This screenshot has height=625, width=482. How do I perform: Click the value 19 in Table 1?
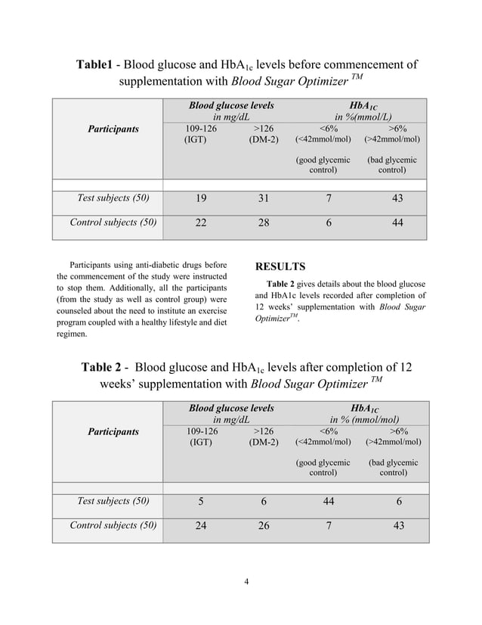click(200, 198)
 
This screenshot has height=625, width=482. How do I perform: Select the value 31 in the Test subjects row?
click(263, 198)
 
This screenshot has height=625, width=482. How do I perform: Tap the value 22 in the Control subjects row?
click(200, 223)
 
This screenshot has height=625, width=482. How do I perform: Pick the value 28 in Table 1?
click(263, 223)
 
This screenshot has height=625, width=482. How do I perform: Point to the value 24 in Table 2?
click(200, 526)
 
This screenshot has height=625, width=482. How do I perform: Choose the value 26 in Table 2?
click(263, 526)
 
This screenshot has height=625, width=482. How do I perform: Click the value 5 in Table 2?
click(200, 501)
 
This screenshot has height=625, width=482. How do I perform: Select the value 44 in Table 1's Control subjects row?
click(397, 223)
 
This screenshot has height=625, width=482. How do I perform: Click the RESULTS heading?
click(280, 266)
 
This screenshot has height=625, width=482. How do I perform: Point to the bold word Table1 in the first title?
click(95, 64)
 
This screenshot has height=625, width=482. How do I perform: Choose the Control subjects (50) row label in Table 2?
click(113, 526)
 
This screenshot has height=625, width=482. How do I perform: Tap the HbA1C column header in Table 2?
click(365, 409)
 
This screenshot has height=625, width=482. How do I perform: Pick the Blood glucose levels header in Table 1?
click(231, 106)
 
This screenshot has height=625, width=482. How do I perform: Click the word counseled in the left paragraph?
click(79, 310)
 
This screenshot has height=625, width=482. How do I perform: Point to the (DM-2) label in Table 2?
click(263, 442)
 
